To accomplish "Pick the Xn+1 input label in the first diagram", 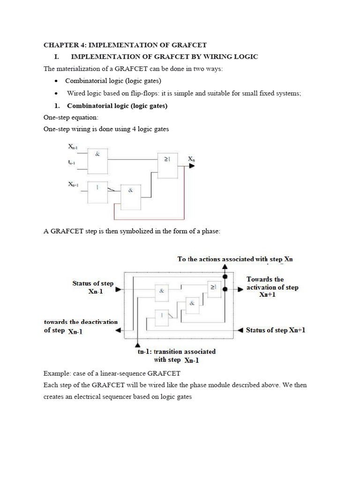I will point(74,185).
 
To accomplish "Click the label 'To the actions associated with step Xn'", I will point(235,259).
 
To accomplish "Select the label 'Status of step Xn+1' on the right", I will point(276,330).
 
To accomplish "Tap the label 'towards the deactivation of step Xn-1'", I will point(81,326).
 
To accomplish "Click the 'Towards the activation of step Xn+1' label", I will point(272,287).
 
